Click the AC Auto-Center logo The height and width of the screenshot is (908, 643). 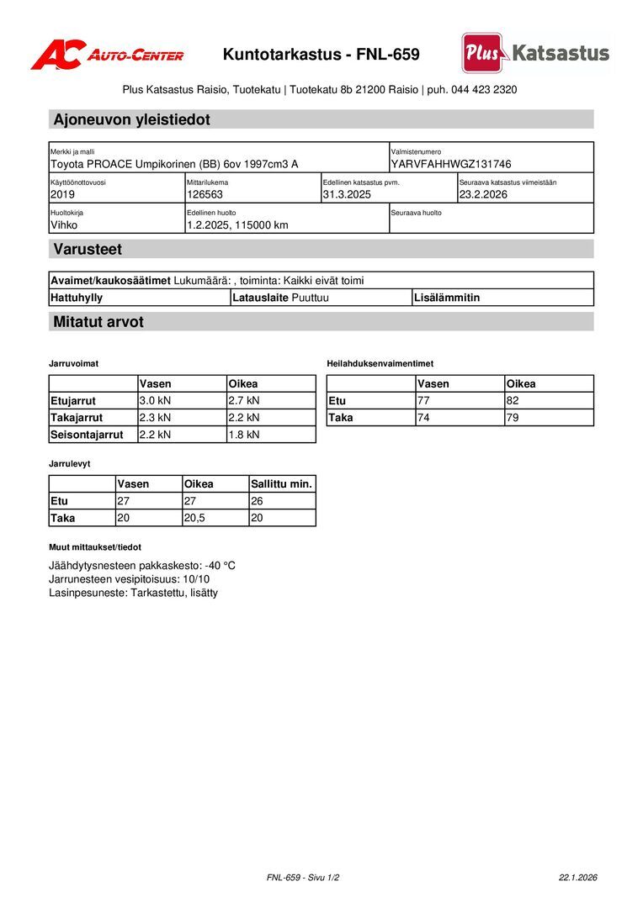107,55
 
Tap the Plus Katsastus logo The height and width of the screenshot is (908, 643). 535,53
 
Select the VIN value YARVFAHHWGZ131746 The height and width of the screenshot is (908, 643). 451,164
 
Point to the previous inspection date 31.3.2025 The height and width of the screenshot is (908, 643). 347,194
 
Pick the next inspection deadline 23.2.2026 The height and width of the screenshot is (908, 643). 483,194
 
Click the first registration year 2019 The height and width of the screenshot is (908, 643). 63,194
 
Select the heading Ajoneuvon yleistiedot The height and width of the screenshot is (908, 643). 131,119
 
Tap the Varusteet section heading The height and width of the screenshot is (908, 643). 88,249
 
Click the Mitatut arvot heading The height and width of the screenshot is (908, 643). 98,322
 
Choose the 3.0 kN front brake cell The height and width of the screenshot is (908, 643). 155,401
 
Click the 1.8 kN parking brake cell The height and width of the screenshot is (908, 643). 244,435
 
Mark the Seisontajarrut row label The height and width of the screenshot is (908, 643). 87,435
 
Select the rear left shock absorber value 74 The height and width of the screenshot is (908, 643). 423,418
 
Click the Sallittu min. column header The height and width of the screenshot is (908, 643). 281,484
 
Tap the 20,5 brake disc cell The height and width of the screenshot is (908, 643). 195,518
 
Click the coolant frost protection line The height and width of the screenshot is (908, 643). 142,566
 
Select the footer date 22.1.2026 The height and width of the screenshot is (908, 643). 577,878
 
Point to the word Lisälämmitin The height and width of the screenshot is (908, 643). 447,298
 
